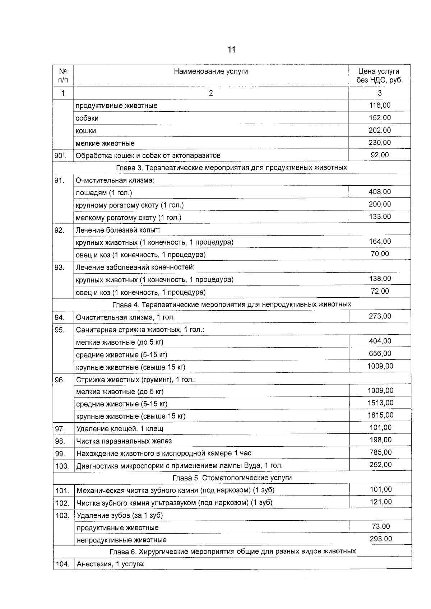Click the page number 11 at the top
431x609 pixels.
(x=231, y=50)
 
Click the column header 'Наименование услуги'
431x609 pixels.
(x=211, y=71)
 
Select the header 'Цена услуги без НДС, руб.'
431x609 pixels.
(x=380, y=76)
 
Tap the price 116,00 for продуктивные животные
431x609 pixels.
(x=380, y=105)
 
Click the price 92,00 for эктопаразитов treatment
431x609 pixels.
(x=380, y=155)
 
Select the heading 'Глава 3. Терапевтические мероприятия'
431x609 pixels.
(x=231, y=168)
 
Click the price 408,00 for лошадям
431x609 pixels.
(x=380, y=192)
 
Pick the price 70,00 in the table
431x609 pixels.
(x=380, y=254)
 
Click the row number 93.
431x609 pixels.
(x=60, y=268)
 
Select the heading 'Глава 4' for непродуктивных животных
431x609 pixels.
(x=232, y=304)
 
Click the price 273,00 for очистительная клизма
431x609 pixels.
(x=380, y=316)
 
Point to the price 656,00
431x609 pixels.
(x=380, y=354)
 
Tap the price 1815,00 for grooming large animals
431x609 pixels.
(x=380, y=415)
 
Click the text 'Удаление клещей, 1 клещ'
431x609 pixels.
(x=120, y=429)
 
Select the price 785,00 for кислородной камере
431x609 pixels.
(x=380, y=452)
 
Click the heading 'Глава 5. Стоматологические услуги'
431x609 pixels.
(x=232, y=478)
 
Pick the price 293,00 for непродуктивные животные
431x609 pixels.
(x=381, y=539)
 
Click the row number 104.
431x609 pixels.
(x=62, y=564)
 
